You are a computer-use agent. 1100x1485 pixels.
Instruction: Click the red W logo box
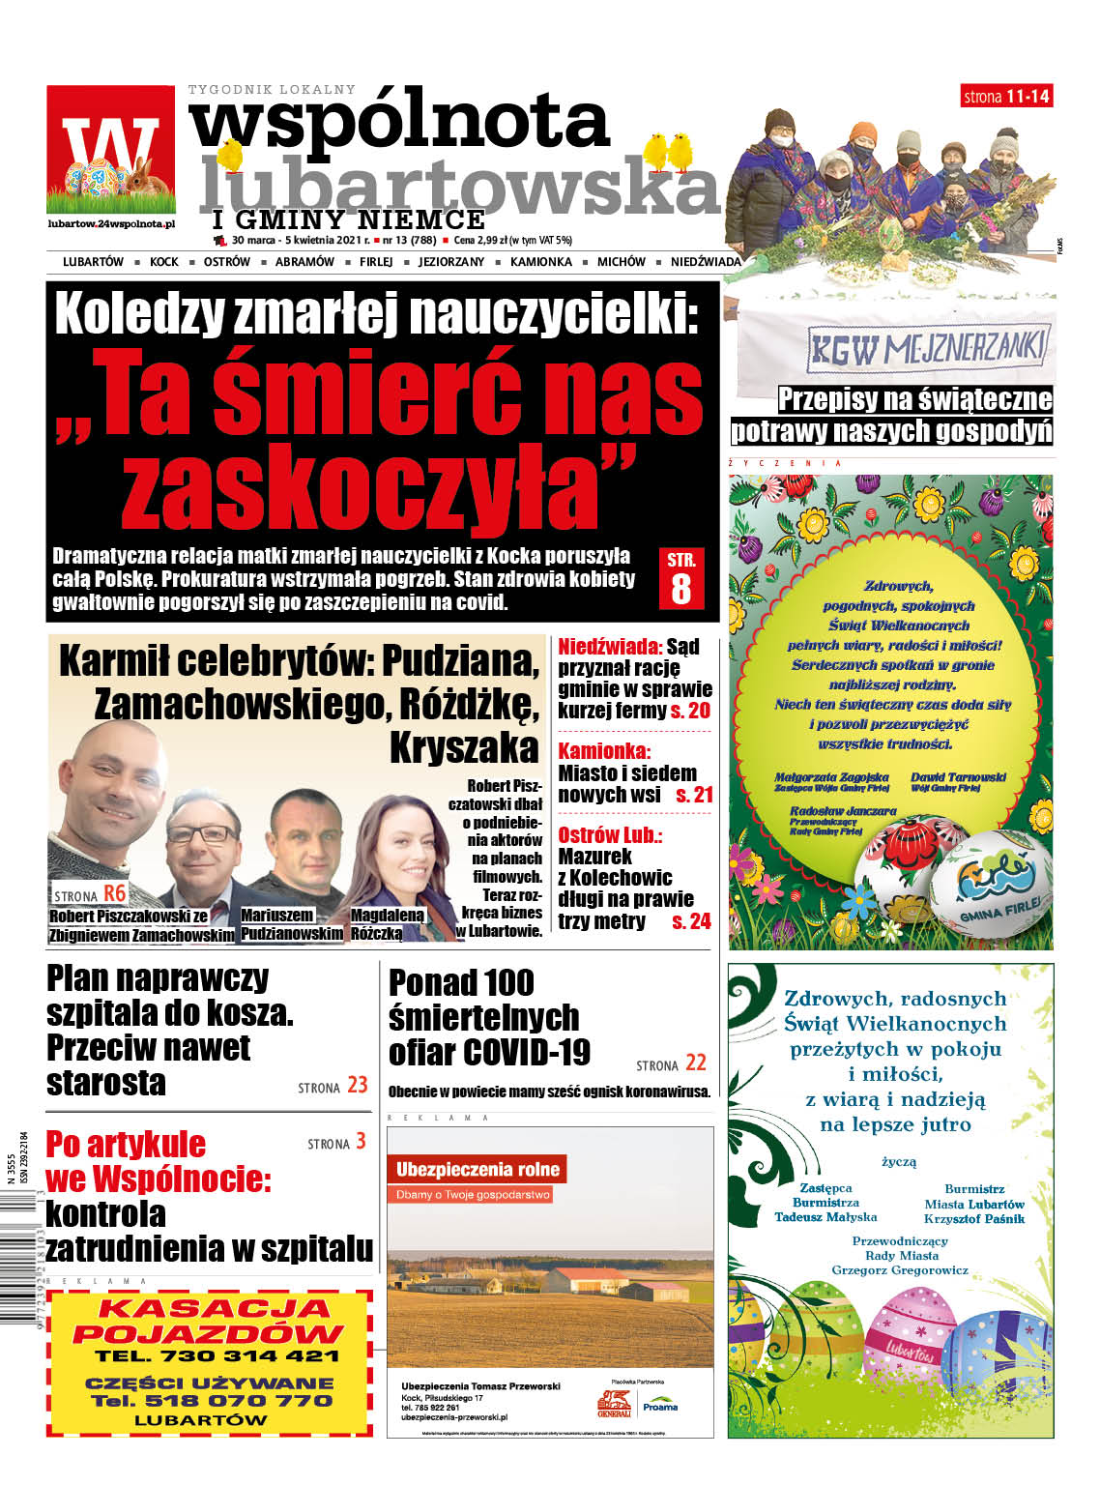pos(110,149)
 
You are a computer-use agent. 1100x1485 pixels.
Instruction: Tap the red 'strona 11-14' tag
pos(1006,96)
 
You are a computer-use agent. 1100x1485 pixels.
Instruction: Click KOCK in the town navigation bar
pos(164,262)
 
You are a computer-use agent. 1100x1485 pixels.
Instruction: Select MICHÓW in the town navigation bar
pos(621,262)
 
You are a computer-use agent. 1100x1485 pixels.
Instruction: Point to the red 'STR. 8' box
pos(681,578)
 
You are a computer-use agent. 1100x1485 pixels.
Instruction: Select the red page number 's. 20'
pos(690,711)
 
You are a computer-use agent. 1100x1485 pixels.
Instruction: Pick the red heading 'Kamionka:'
pos(604,750)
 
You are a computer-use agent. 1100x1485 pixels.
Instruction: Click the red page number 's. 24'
pos(691,921)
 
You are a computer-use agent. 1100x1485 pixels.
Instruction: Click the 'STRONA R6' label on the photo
pos(89,894)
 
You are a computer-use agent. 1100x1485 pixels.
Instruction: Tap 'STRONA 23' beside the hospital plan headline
pos(333,1086)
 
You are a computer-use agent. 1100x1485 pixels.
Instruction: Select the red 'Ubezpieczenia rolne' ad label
pos(478,1169)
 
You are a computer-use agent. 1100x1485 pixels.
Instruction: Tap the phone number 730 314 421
pos(217,1356)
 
